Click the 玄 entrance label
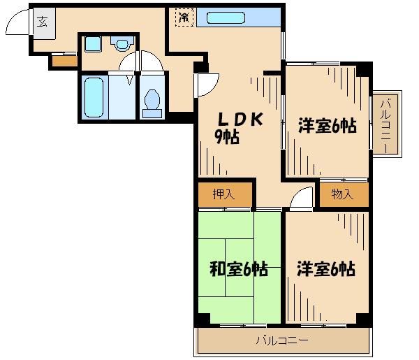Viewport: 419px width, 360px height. pos(41,21)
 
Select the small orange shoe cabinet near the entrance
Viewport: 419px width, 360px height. pos(64,61)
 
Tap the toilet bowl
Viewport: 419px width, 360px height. pos(152,101)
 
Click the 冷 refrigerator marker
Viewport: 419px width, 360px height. pos(184,17)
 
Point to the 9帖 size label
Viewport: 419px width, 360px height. pos(227,138)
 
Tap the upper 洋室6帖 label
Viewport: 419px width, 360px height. pos(328,126)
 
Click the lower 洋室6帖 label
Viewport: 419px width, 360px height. pos(326,268)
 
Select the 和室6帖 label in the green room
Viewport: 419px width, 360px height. pos(239,268)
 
